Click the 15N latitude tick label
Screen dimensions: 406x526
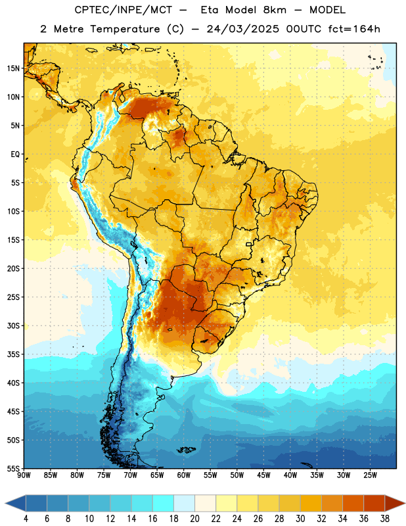point(13,68)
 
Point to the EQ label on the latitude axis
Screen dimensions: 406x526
point(15,155)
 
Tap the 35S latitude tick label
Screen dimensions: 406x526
point(13,354)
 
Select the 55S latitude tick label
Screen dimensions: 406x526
point(13,468)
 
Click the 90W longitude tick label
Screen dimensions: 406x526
point(24,475)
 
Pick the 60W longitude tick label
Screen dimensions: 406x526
point(184,475)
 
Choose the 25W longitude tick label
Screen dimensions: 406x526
point(370,475)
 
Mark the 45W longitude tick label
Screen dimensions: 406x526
point(263,475)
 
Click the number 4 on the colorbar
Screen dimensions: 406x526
point(26,519)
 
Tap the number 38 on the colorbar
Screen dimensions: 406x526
point(384,519)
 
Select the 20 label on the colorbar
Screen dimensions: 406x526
point(194,519)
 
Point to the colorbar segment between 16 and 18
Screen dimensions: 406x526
point(163,504)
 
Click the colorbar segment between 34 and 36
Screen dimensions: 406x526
point(353,504)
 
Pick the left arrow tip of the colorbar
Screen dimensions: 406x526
point(5,504)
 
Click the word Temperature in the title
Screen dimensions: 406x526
point(125,29)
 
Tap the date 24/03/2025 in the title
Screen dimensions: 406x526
point(242,29)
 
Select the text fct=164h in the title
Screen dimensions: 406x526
point(354,29)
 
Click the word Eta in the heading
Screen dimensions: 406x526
point(210,10)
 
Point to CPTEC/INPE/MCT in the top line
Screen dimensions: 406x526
point(123,10)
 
